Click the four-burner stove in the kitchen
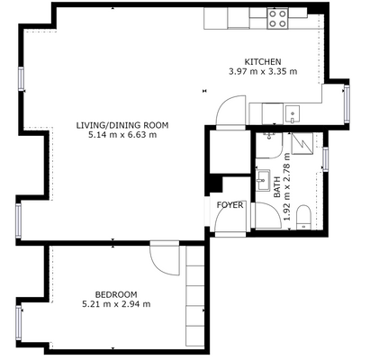click(x=277, y=19)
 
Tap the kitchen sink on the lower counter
click(x=293, y=114)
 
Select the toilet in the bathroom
click(x=303, y=218)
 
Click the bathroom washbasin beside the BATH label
click(x=263, y=180)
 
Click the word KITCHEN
click(x=263, y=62)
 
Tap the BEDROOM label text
click(x=116, y=294)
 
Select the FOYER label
click(x=230, y=205)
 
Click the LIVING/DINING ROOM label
click(x=122, y=125)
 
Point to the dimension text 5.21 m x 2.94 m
click(x=116, y=304)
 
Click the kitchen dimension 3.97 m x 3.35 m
click(x=263, y=72)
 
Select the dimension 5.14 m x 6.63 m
click(x=122, y=135)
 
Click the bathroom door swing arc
click(x=275, y=209)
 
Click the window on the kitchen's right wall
click(x=347, y=103)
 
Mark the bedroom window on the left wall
click(x=19, y=323)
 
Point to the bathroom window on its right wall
click(x=325, y=159)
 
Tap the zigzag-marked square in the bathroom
click(x=302, y=144)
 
